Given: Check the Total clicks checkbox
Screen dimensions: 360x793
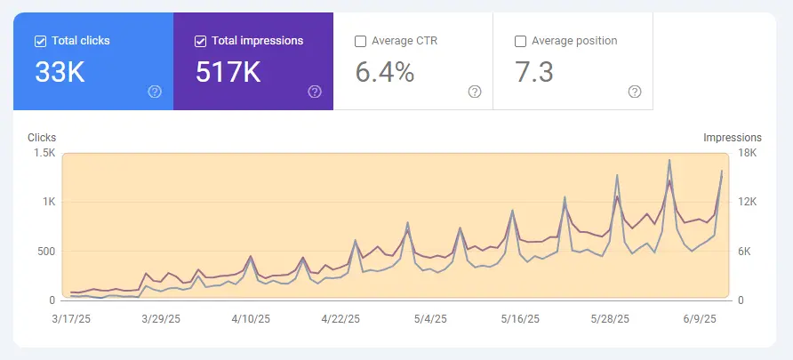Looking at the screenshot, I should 40,41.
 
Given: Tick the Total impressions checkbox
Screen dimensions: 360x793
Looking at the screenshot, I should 200,41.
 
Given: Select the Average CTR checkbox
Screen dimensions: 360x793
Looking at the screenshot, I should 360,41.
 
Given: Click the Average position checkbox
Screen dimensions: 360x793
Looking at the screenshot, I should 520,41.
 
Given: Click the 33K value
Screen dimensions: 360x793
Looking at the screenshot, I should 60,73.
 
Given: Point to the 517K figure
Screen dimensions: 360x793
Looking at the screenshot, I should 228,73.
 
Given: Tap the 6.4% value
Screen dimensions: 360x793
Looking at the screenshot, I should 385,73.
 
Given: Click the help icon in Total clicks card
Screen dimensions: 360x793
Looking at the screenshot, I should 155,92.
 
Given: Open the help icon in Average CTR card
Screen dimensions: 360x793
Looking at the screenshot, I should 475,92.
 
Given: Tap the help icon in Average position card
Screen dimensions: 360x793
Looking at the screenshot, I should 635,92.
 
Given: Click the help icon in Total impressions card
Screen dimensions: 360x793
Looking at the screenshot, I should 315,92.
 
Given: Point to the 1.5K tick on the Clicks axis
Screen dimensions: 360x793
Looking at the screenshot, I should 43,154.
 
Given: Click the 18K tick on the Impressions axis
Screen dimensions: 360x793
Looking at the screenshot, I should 748,154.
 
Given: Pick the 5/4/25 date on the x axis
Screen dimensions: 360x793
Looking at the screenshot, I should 430,318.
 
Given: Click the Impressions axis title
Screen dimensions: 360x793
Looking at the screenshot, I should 733,138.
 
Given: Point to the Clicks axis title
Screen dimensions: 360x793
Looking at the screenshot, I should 42,138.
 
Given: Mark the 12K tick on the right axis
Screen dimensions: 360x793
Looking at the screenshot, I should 748,203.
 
